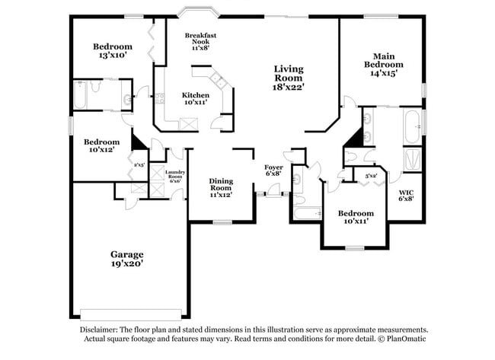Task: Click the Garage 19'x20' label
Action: click(126, 259)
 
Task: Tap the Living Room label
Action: click(289, 78)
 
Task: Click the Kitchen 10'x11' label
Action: click(195, 98)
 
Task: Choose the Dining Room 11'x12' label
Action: click(221, 186)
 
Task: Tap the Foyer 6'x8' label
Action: click(273, 170)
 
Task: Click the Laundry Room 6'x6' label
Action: click(174, 177)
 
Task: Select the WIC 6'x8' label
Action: click(406, 195)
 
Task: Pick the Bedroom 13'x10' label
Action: click(111, 50)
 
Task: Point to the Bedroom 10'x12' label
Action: click(101, 146)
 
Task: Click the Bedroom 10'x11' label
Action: click(356, 217)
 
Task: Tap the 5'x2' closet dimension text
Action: click(371, 176)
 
